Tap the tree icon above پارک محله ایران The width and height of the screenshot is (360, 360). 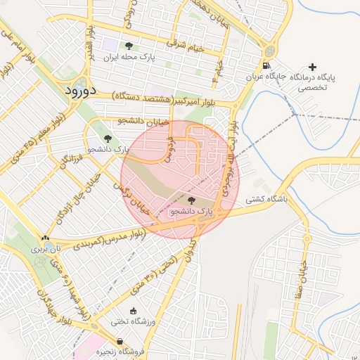point(128,46)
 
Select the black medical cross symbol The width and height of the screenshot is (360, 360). point(312,66)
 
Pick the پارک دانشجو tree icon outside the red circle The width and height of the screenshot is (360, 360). point(107,139)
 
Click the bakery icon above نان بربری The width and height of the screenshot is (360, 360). point(46,239)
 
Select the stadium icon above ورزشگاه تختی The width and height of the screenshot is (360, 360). point(134,311)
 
